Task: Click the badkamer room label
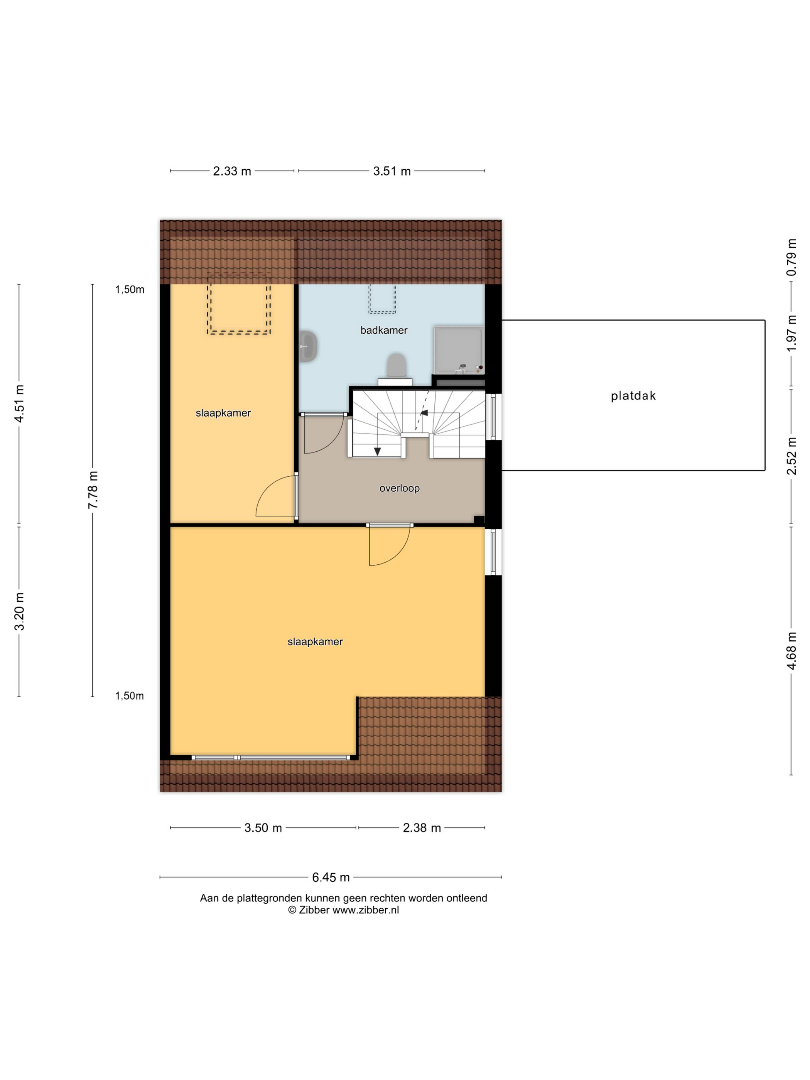pos(384,331)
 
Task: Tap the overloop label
pos(399,488)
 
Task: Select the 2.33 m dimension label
pos(232,171)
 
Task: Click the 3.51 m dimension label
pos(391,171)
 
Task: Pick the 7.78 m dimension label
pos(93,490)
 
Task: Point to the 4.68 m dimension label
pos(791,650)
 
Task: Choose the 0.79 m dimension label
pos(791,257)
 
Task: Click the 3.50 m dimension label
pos(263,828)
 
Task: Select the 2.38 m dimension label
pos(422,828)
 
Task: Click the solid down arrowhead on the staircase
pos(377,452)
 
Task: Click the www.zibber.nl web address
pos(366,910)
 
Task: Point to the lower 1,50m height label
pos(129,696)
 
